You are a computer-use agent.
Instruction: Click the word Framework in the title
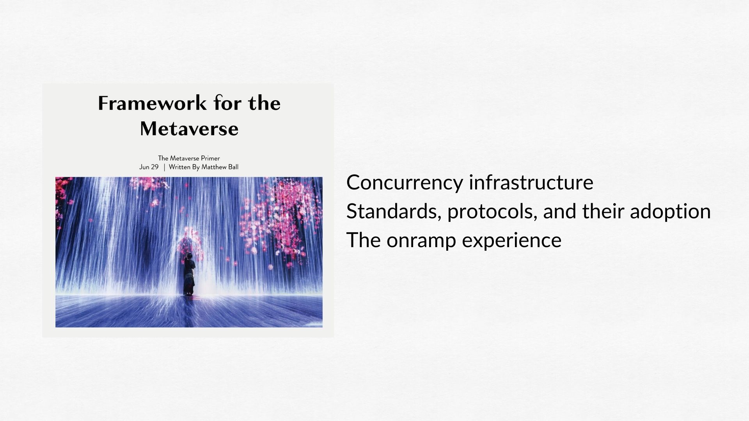click(x=152, y=103)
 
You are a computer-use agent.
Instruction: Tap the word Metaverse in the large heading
click(x=189, y=129)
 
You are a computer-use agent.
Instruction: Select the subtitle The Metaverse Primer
click(x=189, y=158)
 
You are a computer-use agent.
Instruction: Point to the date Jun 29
click(x=149, y=167)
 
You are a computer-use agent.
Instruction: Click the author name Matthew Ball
click(x=220, y=167)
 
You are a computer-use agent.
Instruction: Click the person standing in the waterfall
click(x=190, y=274)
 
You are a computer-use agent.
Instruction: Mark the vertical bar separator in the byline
click(x=164, y=167)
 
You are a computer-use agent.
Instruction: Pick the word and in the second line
click(x=560, y=211)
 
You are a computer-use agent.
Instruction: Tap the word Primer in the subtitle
click(x=211, y=158)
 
